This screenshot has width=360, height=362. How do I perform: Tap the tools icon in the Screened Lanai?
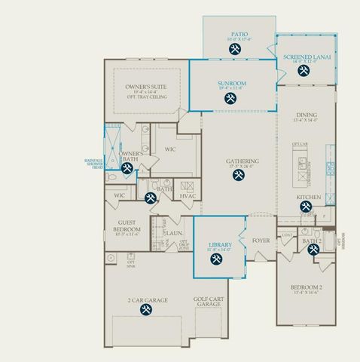(x=304, y=72)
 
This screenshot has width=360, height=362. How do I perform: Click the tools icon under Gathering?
(x=239, y=176)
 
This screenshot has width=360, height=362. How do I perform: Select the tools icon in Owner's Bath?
(x=127, y=167)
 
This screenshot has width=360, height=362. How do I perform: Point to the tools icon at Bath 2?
(x=312, y=250)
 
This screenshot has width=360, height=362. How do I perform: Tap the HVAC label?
(x=188, y=195)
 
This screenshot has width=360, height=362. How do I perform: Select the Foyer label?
(x=261, y=241)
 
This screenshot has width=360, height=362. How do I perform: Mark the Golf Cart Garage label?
(x=211, y=302)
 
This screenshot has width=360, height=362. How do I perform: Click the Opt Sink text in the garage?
(x=130, y=263)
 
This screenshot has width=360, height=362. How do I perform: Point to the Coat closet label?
(x=286, y=235)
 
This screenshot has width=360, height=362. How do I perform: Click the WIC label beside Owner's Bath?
(x=170, y=149)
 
